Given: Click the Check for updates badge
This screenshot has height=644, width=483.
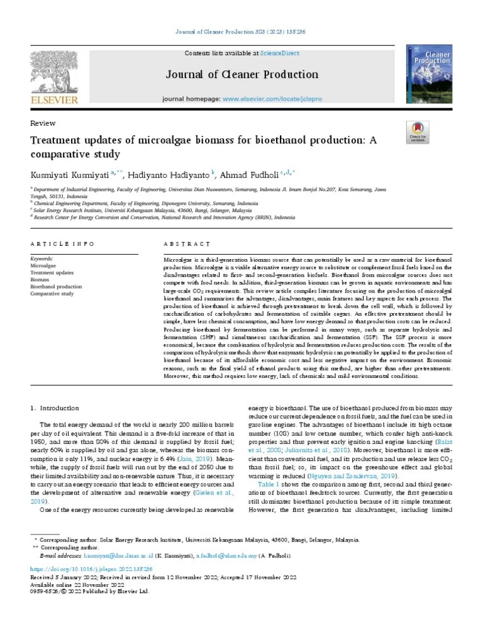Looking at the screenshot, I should point(418,133).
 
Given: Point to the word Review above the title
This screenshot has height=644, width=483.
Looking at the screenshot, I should point(43,123).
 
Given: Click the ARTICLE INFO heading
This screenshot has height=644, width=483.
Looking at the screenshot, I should point(63,243).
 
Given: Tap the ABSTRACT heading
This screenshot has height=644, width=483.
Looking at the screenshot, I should point(187,243).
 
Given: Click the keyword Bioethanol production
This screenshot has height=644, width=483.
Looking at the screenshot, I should point(56,287).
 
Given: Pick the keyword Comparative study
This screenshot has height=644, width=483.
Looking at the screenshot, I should point(52,294).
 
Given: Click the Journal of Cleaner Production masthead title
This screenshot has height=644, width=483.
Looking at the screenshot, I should point(241,75).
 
